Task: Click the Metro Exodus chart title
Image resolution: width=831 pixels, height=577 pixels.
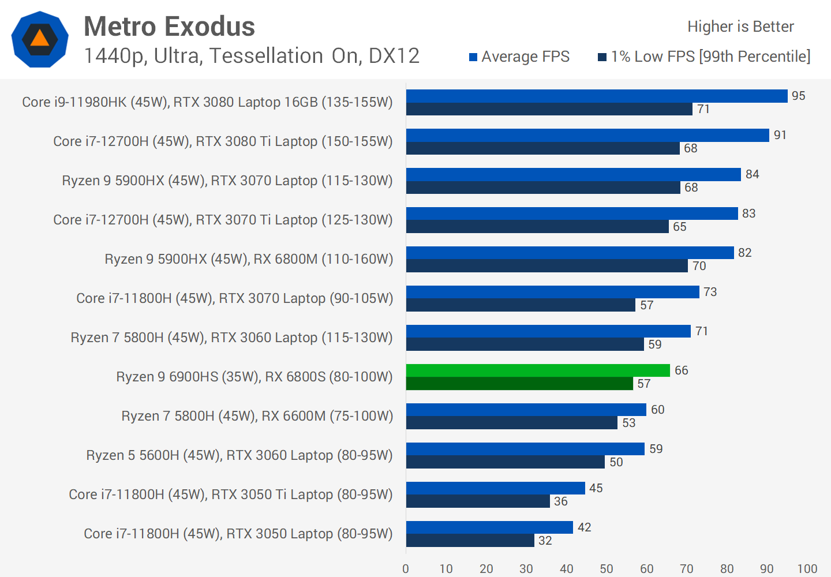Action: [x=169, y=27]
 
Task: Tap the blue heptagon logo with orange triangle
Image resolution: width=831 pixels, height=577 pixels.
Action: [x=40, y=39]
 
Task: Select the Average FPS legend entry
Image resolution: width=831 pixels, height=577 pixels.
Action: [x=519, y=57]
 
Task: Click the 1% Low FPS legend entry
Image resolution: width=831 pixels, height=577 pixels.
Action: [x=704, y=57]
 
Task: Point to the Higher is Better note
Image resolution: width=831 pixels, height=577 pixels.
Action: [x=740, y=27]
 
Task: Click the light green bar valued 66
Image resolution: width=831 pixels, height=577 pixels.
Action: [x=538, y=370]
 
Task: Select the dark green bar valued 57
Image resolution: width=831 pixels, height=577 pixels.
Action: [x=519, y=384]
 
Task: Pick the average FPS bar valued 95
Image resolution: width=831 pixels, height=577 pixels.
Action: [x=597, y=96]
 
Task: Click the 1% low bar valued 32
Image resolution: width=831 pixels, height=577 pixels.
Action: [x=470, y=541]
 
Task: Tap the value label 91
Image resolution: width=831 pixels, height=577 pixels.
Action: [x=780, y=135]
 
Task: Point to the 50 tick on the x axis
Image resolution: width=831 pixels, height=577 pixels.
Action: [x=607, y=569]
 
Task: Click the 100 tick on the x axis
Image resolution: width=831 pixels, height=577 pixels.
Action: [x=807, y=569]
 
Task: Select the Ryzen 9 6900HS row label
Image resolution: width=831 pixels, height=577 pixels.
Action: [x=254, y=377]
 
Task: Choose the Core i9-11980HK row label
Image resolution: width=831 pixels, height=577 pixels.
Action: [x=207, y=102]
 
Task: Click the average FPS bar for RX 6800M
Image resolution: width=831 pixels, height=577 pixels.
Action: [x=570, y=253]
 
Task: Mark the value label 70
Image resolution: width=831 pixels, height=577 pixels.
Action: [x=699, y=266]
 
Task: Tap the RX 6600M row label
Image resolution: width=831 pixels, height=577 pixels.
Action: [x=257, y=416]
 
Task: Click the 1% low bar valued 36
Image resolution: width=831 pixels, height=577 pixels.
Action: [x=478, y=501]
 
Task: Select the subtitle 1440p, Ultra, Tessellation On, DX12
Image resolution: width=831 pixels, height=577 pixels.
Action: [x=252, y=56]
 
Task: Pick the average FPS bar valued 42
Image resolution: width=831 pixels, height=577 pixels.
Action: [x=489, y=527]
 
